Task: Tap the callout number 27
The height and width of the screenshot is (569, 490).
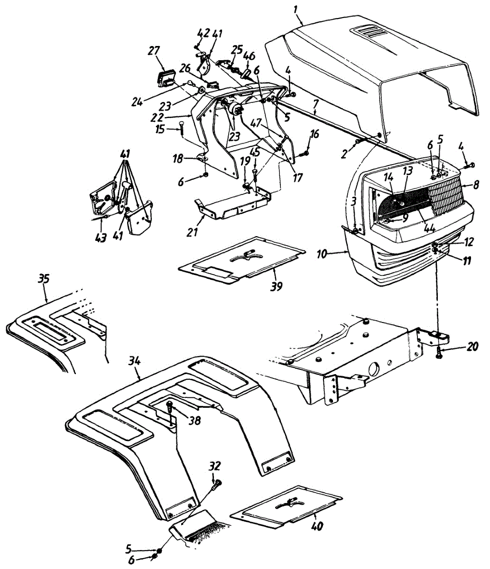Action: (x=155, y=51)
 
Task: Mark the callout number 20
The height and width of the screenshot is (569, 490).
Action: (x=472, y=347)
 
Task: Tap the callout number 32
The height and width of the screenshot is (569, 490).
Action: (x=215, y=466)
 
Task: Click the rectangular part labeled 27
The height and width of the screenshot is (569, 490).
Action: (x=167, y=77)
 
